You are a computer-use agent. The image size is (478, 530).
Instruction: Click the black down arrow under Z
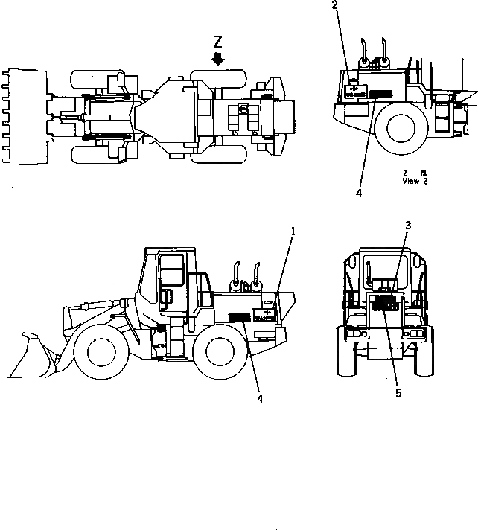point(218,58)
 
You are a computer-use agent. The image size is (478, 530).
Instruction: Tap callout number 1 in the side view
point(293,232)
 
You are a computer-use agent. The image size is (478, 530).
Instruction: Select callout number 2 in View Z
point(334,6)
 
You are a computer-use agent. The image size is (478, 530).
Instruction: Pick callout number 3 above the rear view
point(408,225)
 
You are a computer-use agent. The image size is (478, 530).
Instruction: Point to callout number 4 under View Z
point(359,192)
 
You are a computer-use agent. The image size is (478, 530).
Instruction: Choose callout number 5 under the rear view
point(398,392)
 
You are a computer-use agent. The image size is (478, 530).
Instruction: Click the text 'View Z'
point(415,181)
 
